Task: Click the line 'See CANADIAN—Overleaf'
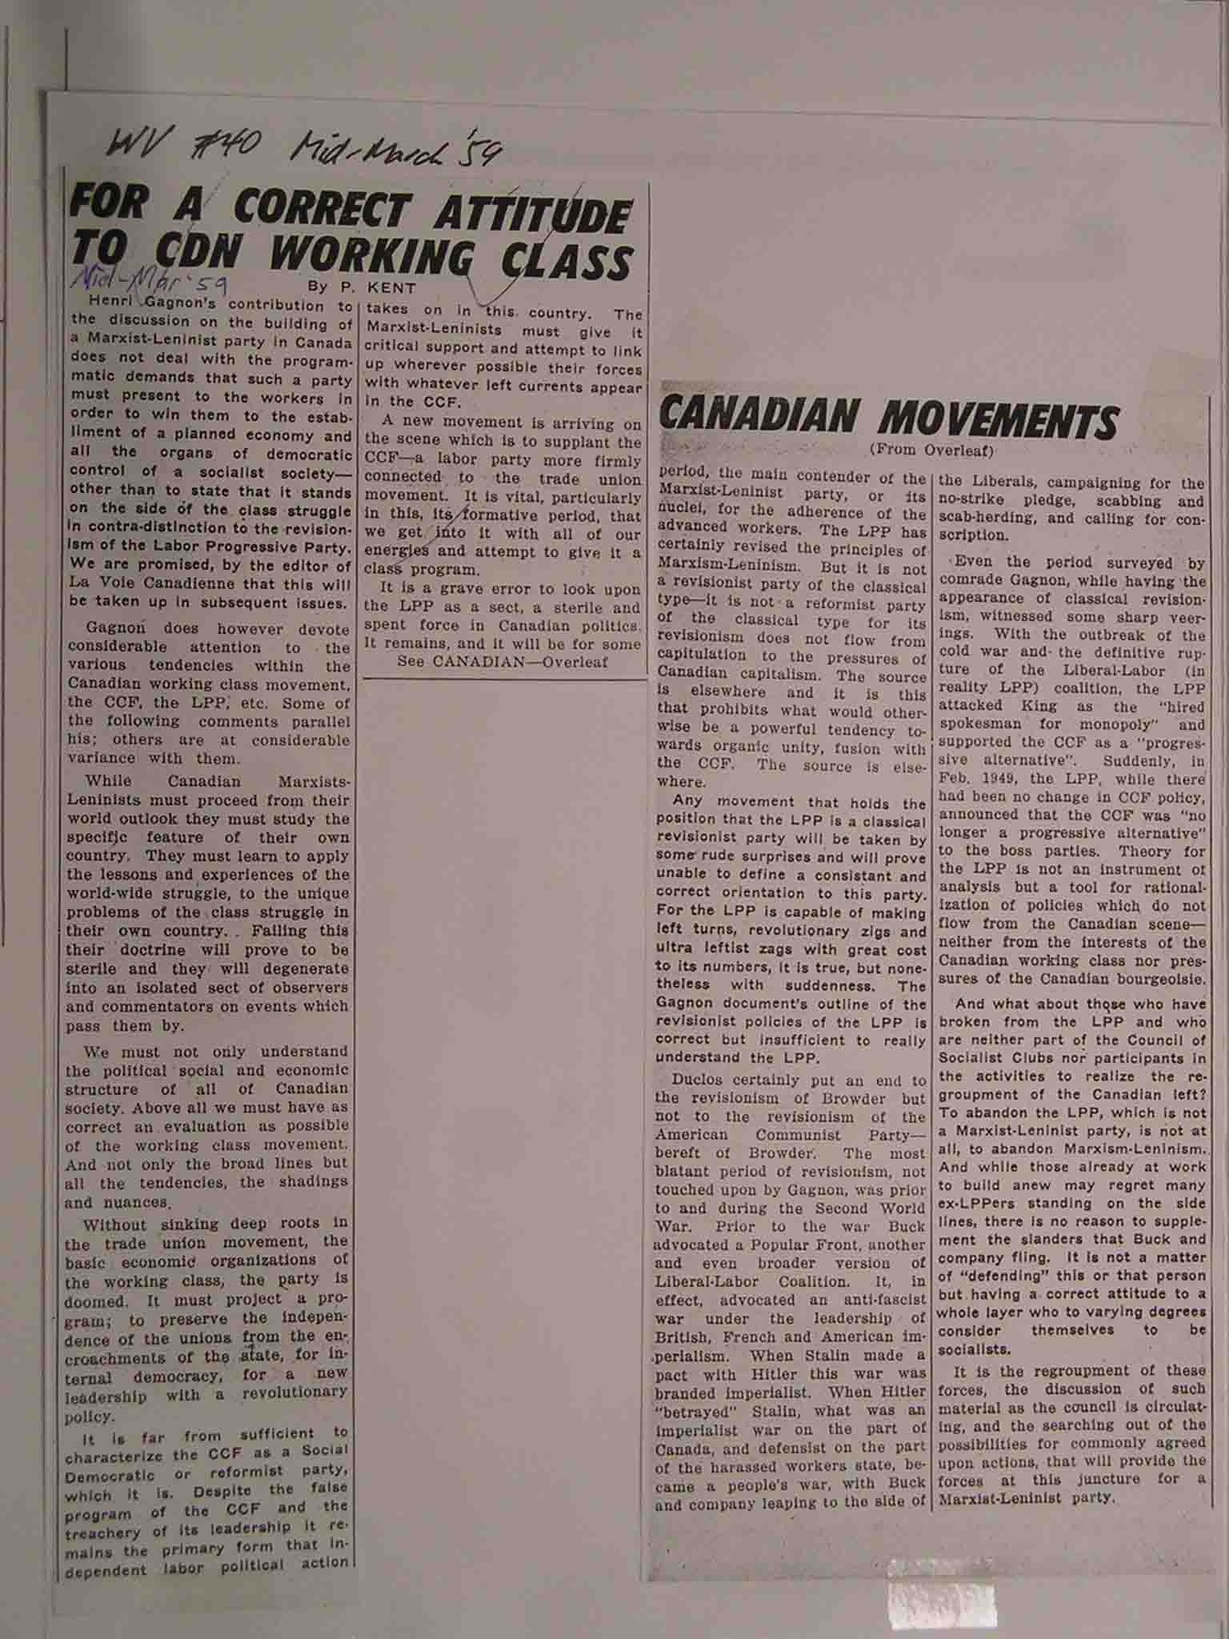tap(502, 662)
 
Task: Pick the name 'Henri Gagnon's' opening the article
tap(152, 305)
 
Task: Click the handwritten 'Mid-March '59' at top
tap(395, 147)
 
